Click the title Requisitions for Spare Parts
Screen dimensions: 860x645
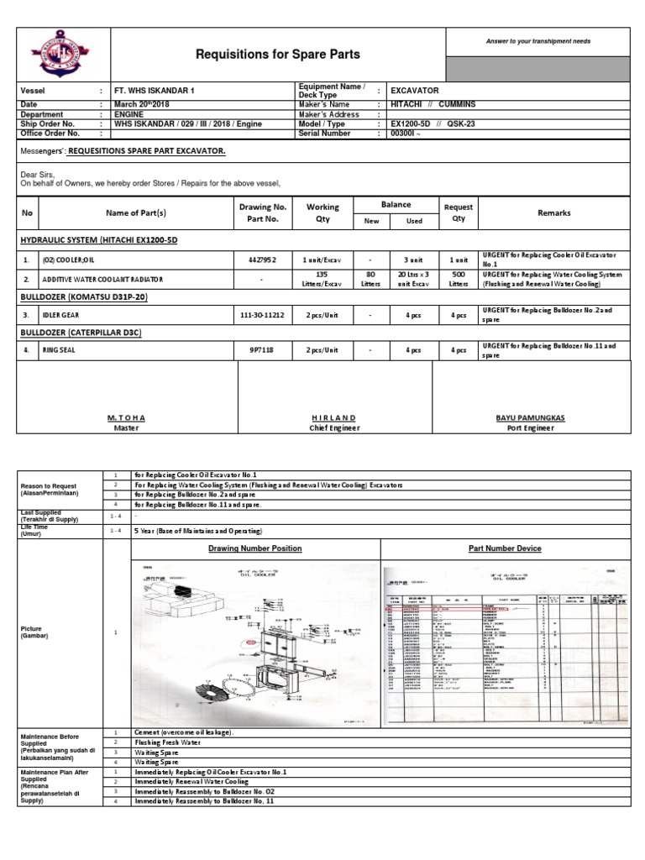point(277,55)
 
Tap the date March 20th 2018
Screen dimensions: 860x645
point(144,104)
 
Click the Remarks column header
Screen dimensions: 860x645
point(553,213)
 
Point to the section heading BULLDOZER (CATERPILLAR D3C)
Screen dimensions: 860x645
point(80,333)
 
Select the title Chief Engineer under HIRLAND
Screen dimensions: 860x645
point(334,427)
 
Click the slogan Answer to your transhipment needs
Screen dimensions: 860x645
point(537,41)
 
